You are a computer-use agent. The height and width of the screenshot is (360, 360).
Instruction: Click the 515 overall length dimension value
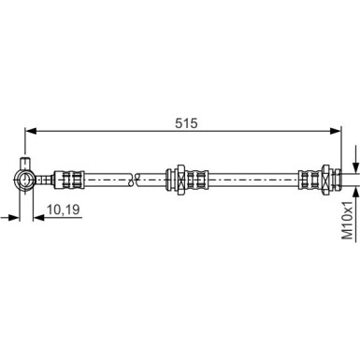click(186, 123)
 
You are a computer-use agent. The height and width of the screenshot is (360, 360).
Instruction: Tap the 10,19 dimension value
click(64, 209)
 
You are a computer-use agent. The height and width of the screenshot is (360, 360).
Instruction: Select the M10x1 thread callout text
click(349, 220)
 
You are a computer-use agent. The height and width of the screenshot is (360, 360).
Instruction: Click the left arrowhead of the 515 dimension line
click(31, 131)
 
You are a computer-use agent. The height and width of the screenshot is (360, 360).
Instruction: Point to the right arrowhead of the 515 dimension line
click(336, 131)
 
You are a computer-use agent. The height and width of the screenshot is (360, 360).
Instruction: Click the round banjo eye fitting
click(25, 180)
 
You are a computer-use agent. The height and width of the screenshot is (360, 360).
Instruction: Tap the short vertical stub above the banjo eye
click(25, 164)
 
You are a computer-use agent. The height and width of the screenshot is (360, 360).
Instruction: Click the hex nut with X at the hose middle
click(180, 180)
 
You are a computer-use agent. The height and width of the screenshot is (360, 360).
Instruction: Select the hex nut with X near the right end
click(325, 180)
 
